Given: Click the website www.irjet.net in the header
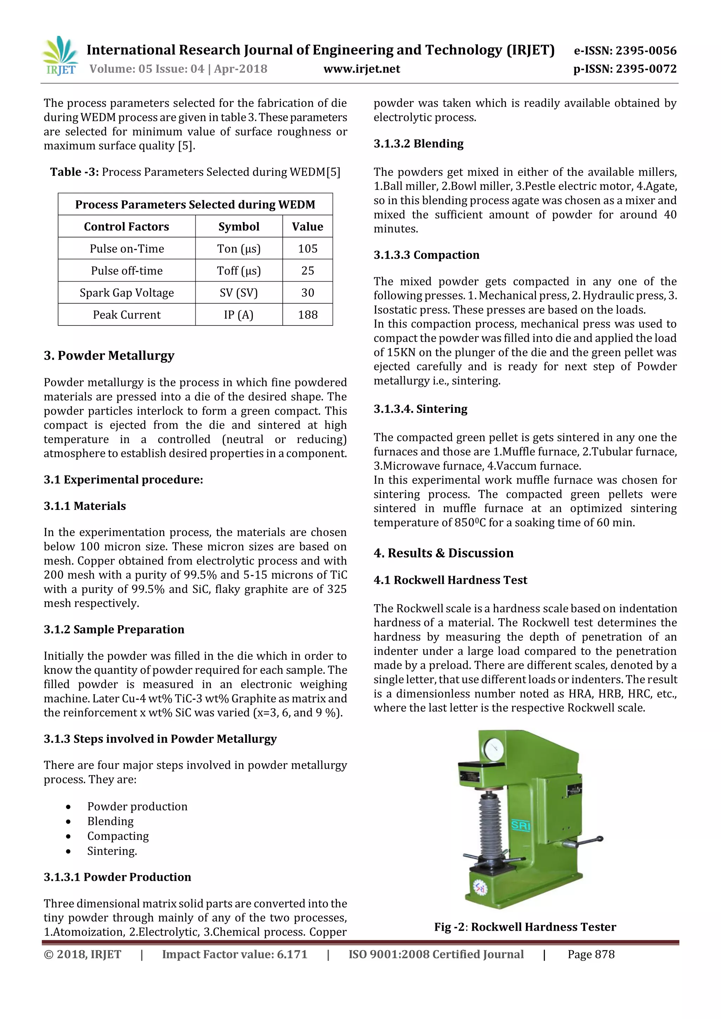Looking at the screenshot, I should click(362, 69).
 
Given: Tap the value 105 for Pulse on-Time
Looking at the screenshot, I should click(307, 248).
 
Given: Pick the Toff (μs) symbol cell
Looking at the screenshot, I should click(238, 271).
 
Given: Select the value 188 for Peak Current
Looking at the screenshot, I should click(307, 315).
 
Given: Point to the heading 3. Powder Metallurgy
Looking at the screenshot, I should click(109, 355).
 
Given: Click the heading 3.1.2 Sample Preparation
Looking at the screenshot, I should click(114, 629).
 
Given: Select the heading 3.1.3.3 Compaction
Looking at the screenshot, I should click(426, 255).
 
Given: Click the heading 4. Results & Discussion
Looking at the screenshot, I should click(443, 553).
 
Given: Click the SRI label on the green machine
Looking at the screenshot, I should click(520, 825).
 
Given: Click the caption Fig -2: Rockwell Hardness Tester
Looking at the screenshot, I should click(525, 927).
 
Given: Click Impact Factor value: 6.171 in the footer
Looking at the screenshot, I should click(234, 954).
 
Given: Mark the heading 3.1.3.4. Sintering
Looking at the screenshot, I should click(420, 409).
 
